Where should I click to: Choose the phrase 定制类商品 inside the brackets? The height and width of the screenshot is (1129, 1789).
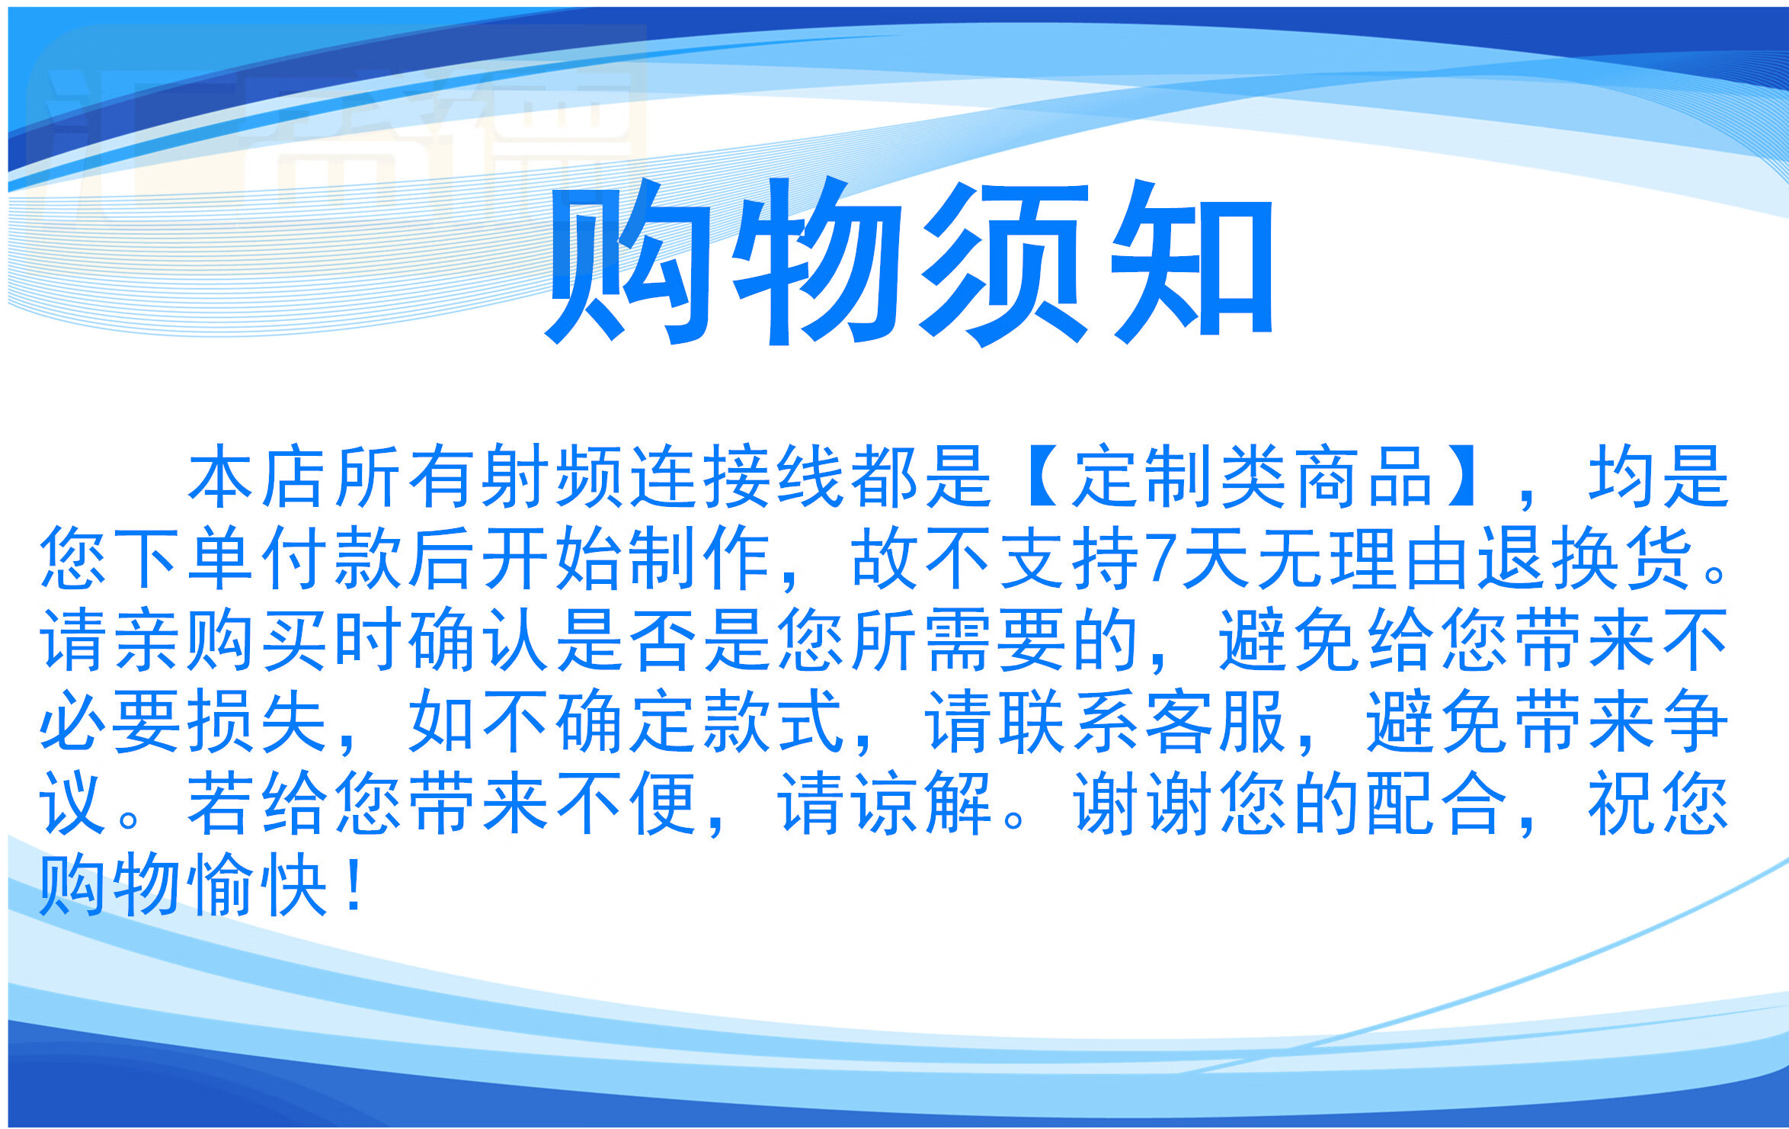coord(1253,476)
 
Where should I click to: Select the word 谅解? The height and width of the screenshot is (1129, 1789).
coord(921,803)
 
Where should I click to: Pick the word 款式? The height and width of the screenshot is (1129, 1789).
coord(773,720)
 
